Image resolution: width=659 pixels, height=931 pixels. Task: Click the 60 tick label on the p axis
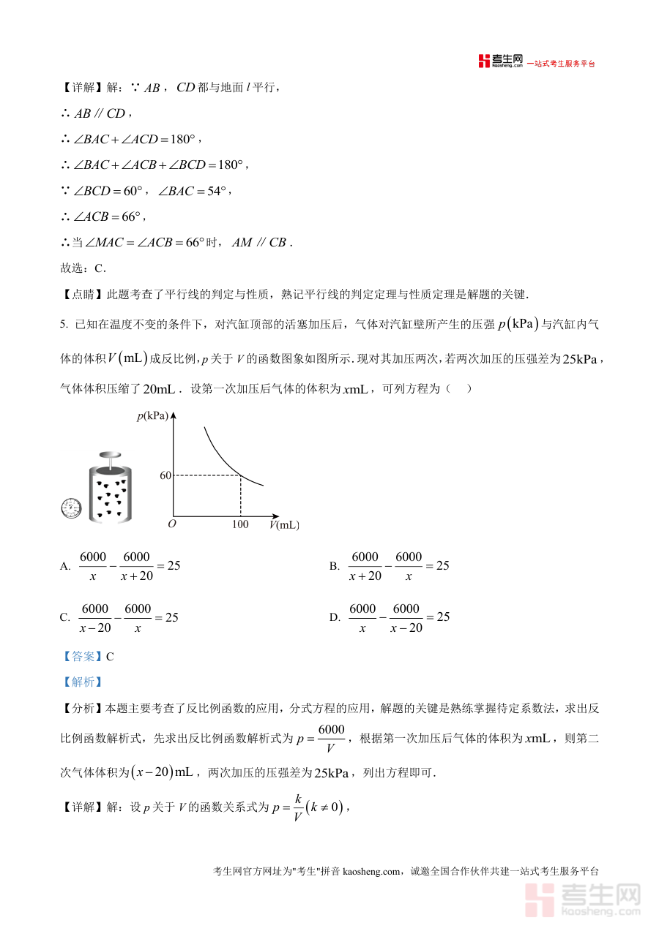[165, 475]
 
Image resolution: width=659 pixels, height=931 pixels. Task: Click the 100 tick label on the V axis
[240, 524]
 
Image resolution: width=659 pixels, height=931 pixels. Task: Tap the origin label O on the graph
[171, 524]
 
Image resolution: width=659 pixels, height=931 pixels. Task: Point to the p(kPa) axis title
[152, 416]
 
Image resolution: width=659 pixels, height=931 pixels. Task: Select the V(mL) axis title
[284, 524]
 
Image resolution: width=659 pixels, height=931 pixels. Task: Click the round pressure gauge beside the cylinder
[71, 508]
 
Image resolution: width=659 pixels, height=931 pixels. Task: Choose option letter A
[65, 566]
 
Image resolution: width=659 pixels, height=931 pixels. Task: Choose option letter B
[334, 566]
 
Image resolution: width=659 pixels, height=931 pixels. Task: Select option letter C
[64, 617]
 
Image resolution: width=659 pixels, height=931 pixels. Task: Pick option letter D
[334, 617]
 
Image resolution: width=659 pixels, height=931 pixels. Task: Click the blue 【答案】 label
[82, 656]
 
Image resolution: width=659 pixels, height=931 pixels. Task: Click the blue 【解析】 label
[82, 682]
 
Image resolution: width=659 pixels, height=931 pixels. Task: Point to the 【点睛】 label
[82, 294]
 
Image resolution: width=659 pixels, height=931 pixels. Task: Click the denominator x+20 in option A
[137, 576]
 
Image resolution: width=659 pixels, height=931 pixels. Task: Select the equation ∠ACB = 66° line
[106, 216]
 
